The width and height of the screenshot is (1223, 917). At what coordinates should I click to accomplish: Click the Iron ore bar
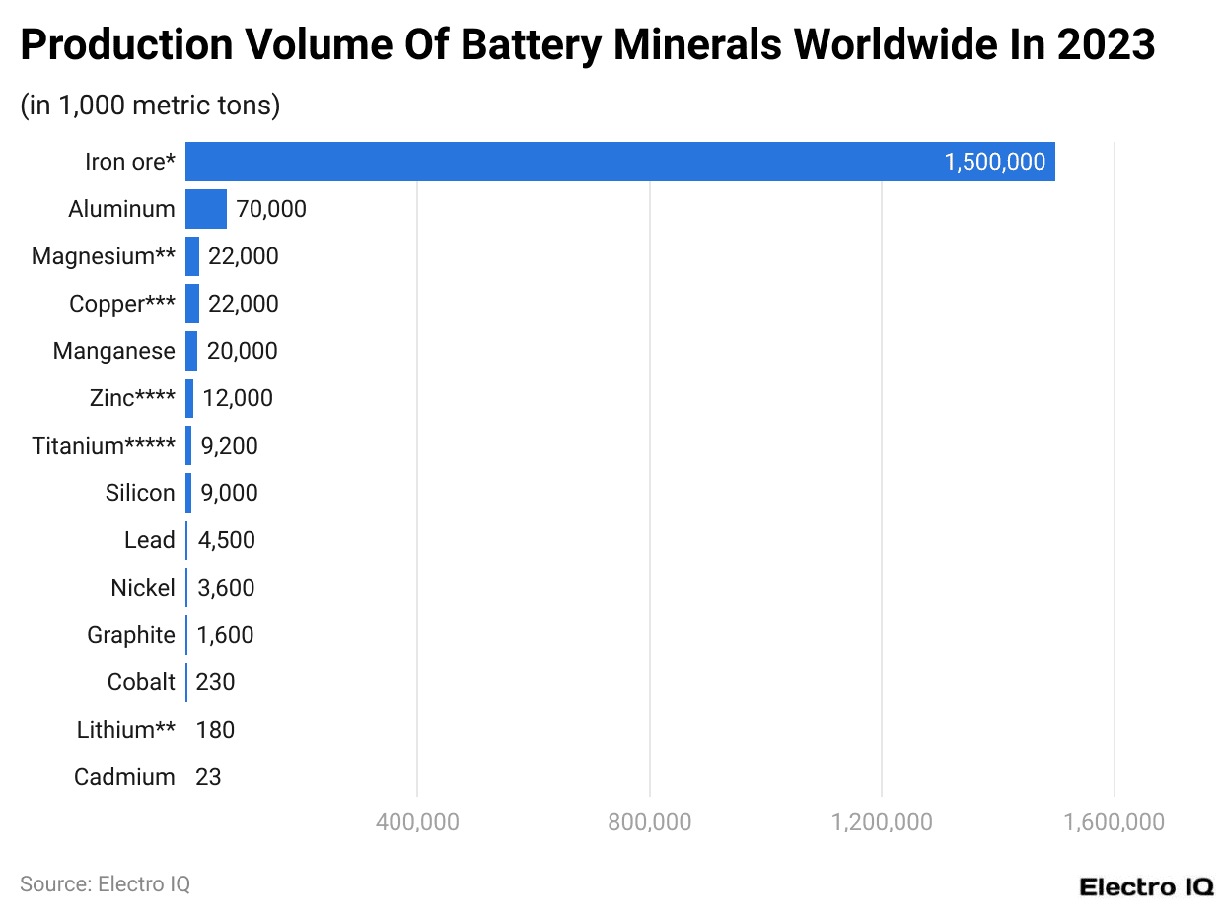coord(619,162)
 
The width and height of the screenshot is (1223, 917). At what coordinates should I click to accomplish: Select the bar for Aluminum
coord(206,209)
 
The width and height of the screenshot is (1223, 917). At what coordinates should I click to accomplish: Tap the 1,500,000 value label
coord(994,162)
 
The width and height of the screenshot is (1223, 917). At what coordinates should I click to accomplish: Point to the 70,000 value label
coord(271,209)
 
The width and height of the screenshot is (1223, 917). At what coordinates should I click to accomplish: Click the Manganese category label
coord(113,351)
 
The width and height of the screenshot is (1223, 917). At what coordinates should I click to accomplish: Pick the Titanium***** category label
coord(104,446)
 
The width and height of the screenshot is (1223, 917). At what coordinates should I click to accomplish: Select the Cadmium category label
coord(124,777)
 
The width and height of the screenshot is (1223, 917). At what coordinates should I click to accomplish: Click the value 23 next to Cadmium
coord(208,777)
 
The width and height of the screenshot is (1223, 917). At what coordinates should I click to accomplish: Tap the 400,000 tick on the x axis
coord(418,821)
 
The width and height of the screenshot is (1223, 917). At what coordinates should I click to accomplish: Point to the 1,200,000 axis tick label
coord(882,821)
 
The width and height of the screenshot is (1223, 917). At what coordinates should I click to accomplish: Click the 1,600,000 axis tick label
coord(1115,821)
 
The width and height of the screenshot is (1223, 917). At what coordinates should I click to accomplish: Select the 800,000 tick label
coord(650,821)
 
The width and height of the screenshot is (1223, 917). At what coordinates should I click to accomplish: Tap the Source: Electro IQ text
coord(105,884)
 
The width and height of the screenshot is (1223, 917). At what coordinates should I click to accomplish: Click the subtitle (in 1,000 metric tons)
coord(150,105)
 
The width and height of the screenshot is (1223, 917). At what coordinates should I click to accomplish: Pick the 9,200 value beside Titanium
coord(229,446)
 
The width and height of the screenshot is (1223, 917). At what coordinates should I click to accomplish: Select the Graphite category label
coord(130,635)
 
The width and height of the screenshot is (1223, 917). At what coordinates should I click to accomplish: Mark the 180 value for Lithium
coord(215,730)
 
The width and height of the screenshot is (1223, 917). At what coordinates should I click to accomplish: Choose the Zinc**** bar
coord(189,398)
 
